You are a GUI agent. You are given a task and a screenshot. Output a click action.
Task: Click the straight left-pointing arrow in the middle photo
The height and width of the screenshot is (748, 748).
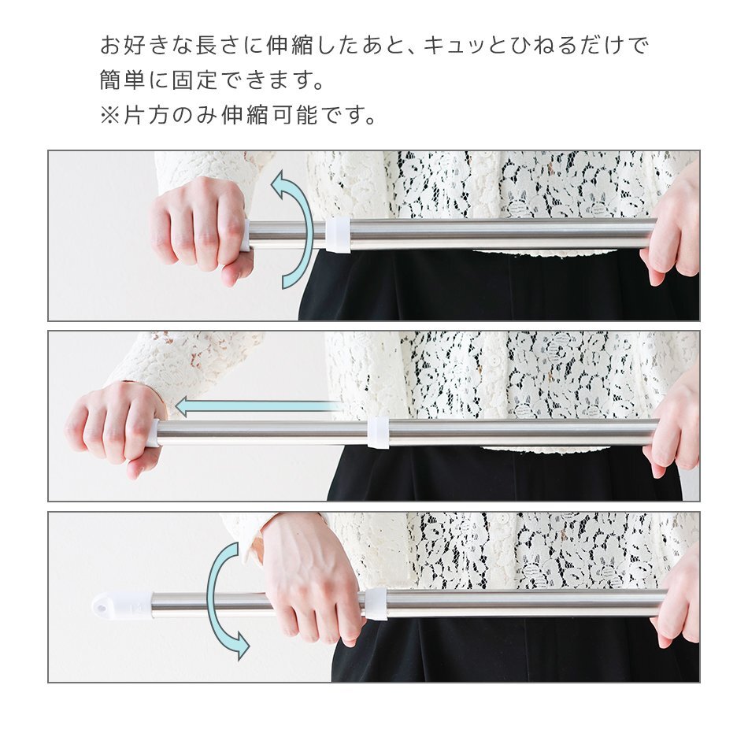(x=256, y=406)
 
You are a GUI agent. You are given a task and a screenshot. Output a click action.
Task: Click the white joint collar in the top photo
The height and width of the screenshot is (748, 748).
(x=337, y=235)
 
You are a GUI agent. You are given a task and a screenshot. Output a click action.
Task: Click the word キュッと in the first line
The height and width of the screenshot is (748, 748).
(x=472, y=46)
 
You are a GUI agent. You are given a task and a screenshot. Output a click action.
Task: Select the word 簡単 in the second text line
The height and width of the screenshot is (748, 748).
(x=123, y=81)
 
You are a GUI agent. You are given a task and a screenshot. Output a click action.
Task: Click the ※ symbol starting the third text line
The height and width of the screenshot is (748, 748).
(x=109, y=116)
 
